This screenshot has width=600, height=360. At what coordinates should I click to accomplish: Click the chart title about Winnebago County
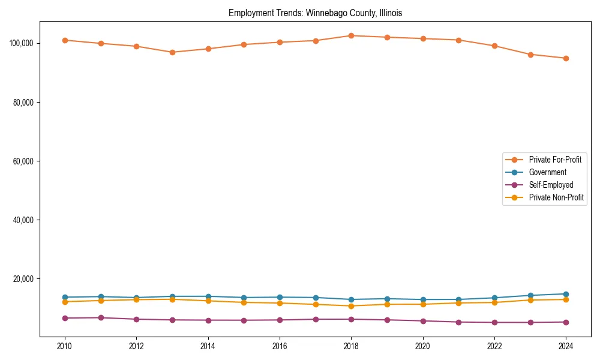click(315, 13)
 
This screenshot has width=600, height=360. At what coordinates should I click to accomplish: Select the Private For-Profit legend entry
click(554, 160)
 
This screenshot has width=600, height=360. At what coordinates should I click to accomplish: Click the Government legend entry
click(547, 172)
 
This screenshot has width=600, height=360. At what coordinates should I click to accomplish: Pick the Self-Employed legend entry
click(551, 185)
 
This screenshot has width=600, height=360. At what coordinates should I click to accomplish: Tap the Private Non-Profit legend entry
click(556, 197)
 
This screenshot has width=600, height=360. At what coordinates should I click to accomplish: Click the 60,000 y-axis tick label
click(23, 161)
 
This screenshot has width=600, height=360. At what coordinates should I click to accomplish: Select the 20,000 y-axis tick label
click(23, 279)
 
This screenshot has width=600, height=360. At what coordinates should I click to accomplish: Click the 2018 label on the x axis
click(351, 346)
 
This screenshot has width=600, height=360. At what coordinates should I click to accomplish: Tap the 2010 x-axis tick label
click(65, 346)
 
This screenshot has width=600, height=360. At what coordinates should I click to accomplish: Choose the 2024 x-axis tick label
click(566, 346)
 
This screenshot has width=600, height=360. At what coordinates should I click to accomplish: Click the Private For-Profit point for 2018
click(351, 35)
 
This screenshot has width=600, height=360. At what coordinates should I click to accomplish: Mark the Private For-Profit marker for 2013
click(172, 52)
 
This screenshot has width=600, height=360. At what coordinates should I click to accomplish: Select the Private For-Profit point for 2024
click(566, 58)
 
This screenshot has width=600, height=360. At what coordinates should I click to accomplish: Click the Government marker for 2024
click(566, 294)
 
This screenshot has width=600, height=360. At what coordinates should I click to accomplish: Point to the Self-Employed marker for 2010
click(65, 318)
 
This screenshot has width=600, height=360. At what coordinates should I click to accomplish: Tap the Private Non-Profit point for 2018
click(351, 306)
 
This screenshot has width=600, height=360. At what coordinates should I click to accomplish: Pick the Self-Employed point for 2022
click(494, 322)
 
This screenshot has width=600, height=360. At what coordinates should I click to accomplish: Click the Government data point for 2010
click(65, 297)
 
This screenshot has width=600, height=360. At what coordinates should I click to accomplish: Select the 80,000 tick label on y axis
click(23, 103)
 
